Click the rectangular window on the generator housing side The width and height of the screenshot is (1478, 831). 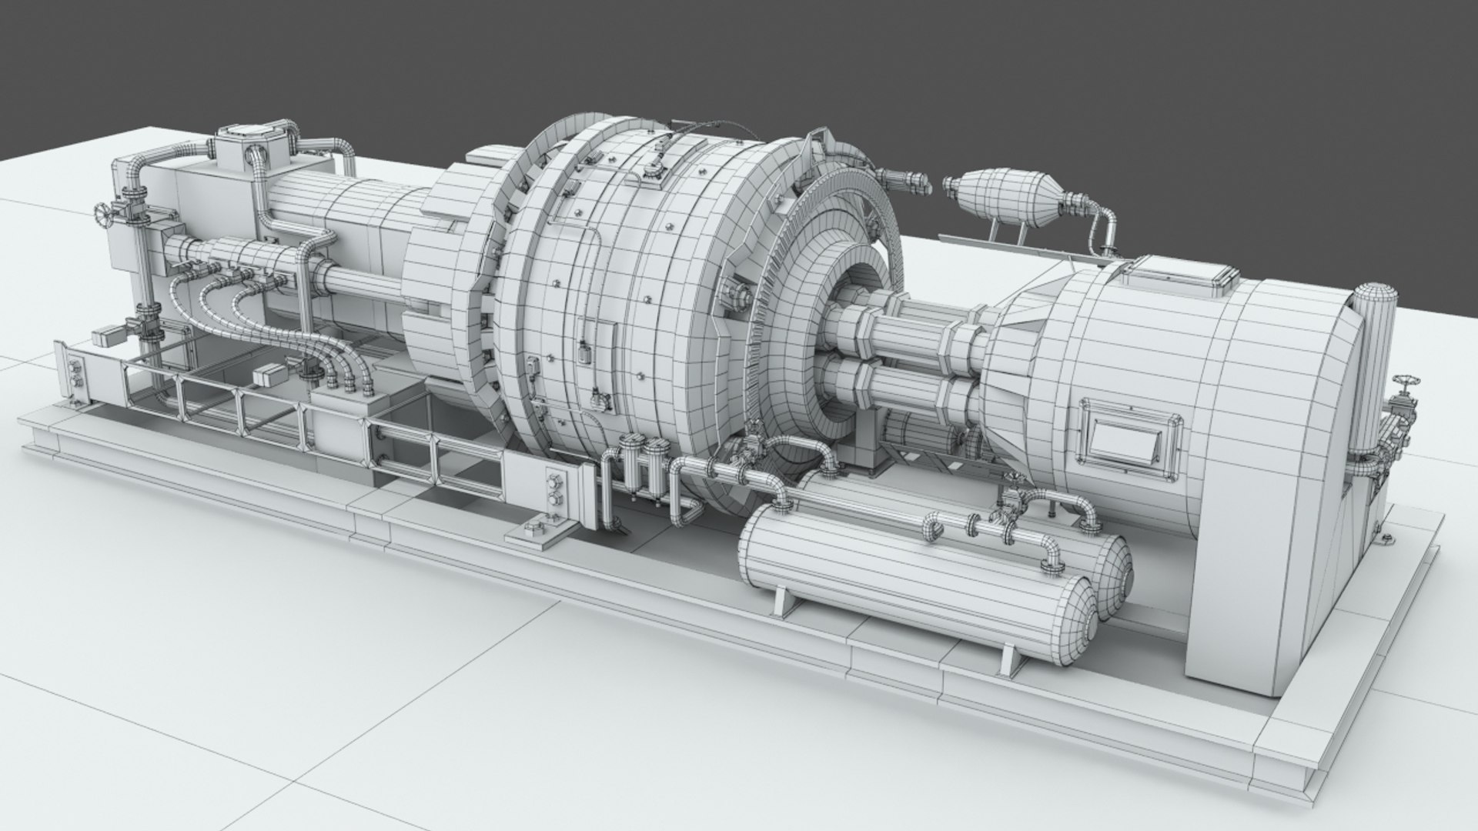tap(1129, 439)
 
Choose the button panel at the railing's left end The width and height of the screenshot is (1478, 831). tap(75, 374)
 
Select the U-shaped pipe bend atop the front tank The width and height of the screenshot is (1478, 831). tap(934, 527)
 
